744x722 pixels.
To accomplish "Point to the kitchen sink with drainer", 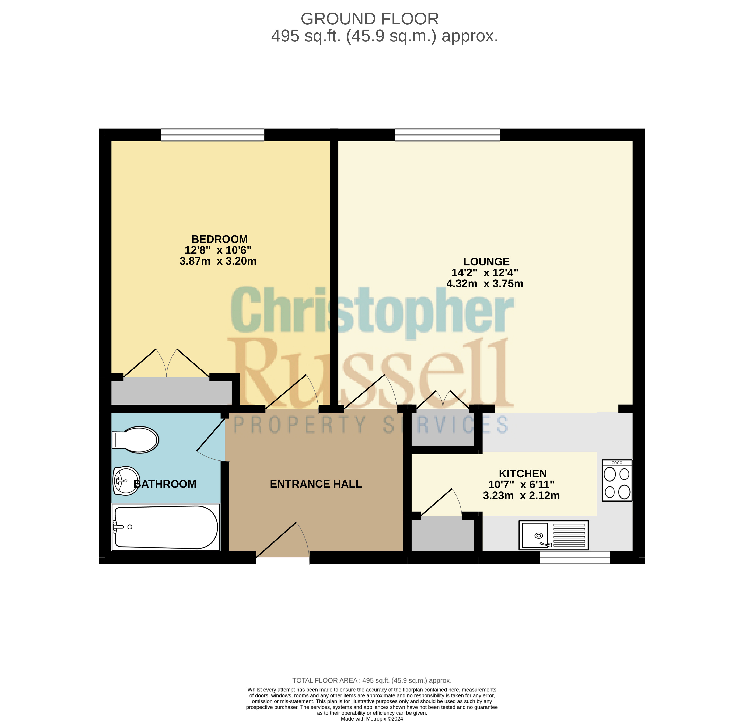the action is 554,535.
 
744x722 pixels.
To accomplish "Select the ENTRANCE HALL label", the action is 316,484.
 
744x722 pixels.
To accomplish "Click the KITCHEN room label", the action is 523,474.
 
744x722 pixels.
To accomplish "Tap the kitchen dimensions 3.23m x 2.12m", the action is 521,496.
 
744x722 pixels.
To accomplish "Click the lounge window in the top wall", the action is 448,135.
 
